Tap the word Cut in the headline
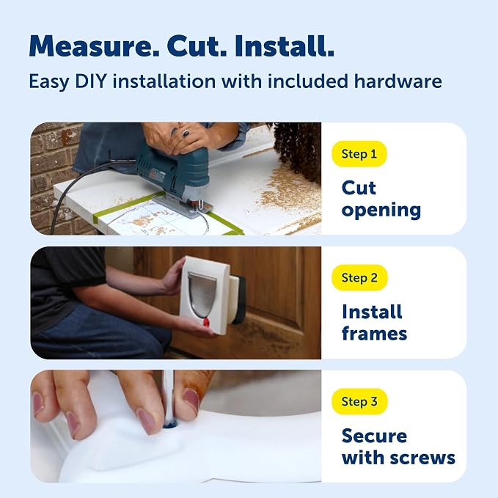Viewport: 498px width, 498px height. click(x=197, y=46)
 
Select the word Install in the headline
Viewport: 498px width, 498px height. click(x=285, y=46)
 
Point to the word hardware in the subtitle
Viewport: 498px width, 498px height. click(x=398, y=81)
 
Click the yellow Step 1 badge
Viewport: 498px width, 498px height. click(x=359, y=154)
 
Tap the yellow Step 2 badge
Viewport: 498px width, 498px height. click(x=359, y=278)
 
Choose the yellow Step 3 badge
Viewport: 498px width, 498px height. click(x=359, y=402)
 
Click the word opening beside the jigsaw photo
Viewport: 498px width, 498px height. click(x=381, y=211)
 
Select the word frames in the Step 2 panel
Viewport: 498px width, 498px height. click(x=375, y=334)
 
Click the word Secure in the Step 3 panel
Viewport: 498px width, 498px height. click(x=375, y=436)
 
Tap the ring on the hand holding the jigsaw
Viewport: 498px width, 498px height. click(x=186, y=133)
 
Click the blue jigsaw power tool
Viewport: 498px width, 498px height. click(x=173, y=177)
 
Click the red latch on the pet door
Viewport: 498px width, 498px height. click(x=206, y=323)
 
